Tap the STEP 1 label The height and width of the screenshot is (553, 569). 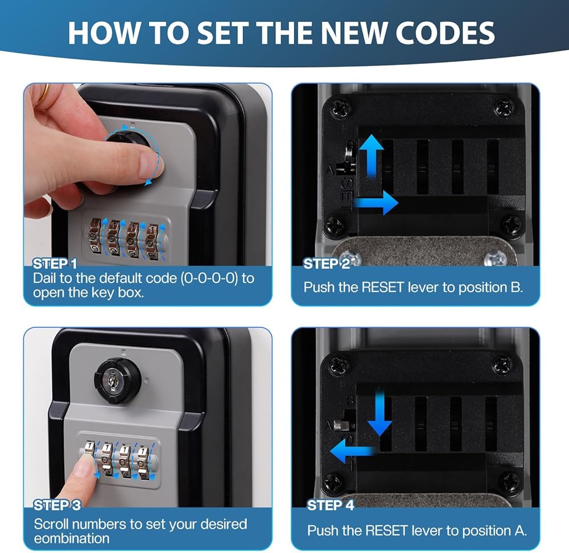55,264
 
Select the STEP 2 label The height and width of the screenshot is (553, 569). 326,264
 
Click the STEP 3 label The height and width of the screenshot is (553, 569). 57,505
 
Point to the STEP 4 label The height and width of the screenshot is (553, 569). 330,505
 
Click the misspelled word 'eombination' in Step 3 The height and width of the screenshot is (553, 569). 72,538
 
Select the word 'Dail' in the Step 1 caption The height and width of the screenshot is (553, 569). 44,278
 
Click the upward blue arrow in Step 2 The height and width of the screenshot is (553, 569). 371,156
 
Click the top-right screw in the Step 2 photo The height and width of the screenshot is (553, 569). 504,108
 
